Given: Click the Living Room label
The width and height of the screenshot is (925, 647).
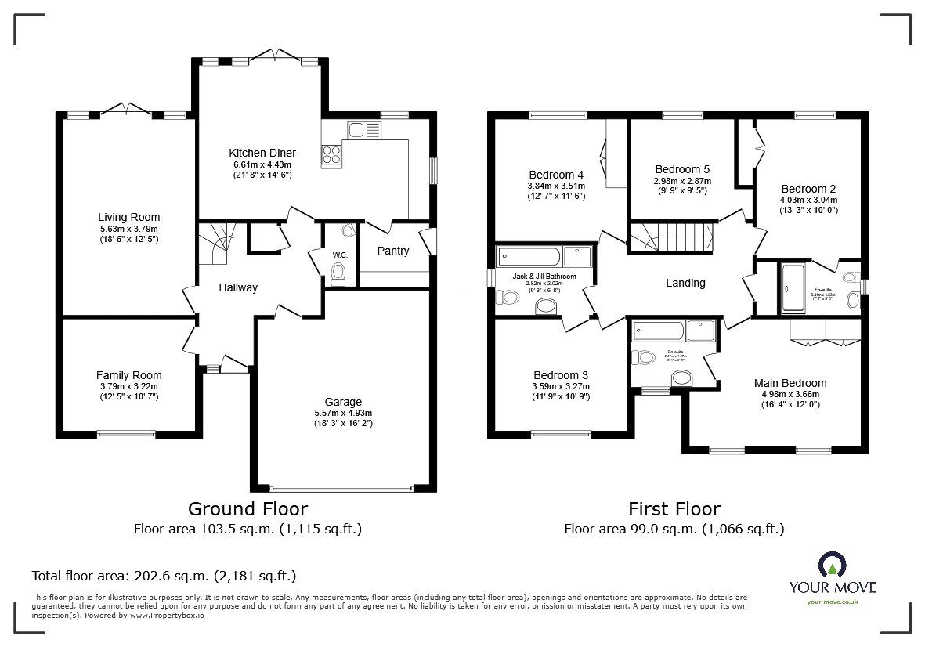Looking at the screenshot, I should (x=128, y=217).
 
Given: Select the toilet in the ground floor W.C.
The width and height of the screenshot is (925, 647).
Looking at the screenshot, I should (x=338, y=272).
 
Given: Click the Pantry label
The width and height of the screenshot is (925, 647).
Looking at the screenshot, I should (x=393, y=251).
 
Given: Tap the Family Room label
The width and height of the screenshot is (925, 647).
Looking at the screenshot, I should (x=128, y=375).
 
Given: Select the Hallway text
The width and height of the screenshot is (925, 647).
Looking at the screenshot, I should (x=238, y=287).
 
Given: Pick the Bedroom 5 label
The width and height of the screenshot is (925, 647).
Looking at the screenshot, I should (x=682, y=169).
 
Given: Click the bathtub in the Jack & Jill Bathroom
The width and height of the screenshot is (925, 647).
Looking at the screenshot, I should (x=529, y=256).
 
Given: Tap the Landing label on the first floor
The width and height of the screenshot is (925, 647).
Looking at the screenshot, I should (x=685, y=283).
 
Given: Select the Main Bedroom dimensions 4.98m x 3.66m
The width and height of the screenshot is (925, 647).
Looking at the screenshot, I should (x=790, y=394).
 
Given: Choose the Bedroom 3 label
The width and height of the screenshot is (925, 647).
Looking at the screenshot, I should (x=560, y=374).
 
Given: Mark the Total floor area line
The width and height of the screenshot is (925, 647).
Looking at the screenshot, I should (x=164, y=576).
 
